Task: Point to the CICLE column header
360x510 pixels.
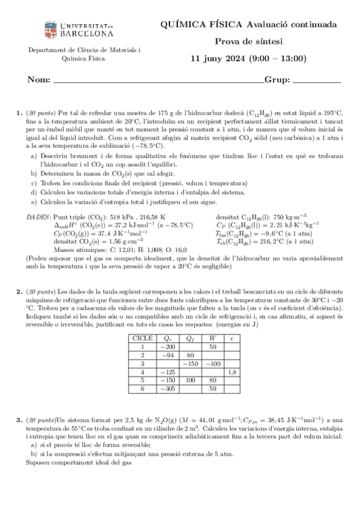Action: click(142, 338)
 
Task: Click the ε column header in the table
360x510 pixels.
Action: click(232, 338)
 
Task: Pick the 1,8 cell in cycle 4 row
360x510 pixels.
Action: click(232, 372)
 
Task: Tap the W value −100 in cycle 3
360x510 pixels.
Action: click(212, 364)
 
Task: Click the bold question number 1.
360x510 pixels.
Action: click(19, 112)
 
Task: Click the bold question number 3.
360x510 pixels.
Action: click(19, 417)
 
